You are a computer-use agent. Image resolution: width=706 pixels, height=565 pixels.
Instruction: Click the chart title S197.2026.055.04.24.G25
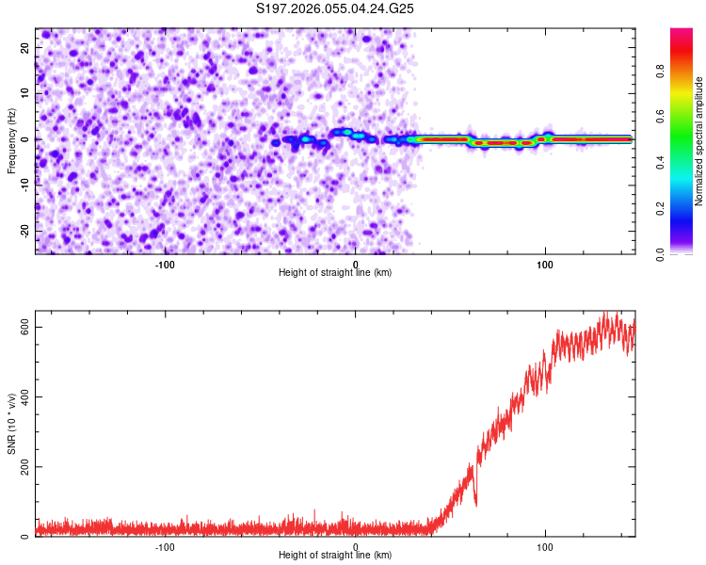pyautogui.click(x=336, y=8)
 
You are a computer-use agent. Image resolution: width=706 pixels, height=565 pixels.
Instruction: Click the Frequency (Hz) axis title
pyautogui.click(x=11, y=140)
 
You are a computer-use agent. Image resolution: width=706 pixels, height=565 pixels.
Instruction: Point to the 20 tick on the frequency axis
pyautogui.click(x=25, y=47)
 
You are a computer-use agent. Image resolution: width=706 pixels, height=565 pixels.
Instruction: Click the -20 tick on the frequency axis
pyautogui.click(x=24, y=231)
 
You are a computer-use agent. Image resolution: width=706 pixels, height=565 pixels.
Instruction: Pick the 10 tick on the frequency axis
pyautogui.click(x=25, y=93)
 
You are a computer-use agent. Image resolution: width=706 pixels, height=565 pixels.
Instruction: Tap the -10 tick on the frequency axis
pyautogui.click(x=24, y=185)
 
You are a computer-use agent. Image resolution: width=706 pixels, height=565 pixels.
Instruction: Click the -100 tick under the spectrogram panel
pyautogui.click(x=165, y=263)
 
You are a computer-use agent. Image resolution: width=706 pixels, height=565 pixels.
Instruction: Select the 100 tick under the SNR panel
pyautogui.click(x=544, y=546)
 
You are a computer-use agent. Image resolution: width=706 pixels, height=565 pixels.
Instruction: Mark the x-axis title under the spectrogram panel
pyautogui.click(x=335, y=273)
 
